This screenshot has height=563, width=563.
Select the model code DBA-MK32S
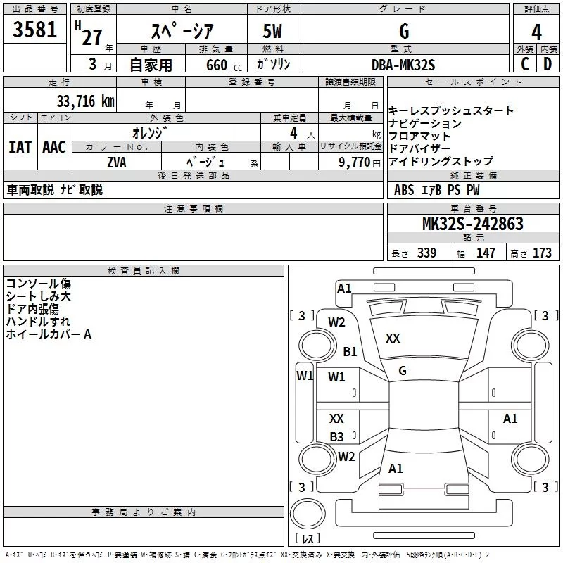click(x=404, y=65)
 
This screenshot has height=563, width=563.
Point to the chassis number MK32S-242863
click(x=472, y=224)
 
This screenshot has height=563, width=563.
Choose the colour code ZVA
click(x=117, y=162)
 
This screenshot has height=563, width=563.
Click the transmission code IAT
click(x=20, y=147)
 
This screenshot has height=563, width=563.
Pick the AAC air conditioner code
click(x=53, y=147)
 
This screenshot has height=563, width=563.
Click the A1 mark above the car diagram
click(x=344, y=288)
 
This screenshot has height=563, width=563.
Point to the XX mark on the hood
click(x=393, y=339)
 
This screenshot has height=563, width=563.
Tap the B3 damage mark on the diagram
click(x=337, y=436)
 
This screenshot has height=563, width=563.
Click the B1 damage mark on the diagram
click(x=350, y=351)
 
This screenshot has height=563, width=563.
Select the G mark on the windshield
click(x=402, y=371)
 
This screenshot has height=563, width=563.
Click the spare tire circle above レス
click(x=308, y=514)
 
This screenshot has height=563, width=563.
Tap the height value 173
click(x=542, y=253)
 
